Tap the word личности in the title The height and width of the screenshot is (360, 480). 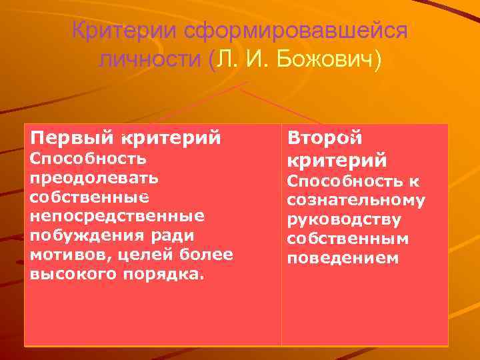click(150, 61)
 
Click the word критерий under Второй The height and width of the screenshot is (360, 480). click(337, 161)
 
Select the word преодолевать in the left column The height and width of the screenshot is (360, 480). click(94, 178)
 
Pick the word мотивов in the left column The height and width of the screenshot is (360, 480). click(68, 255)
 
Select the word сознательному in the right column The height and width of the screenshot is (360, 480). click(356, 200)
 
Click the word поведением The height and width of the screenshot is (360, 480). click(343, 258)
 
